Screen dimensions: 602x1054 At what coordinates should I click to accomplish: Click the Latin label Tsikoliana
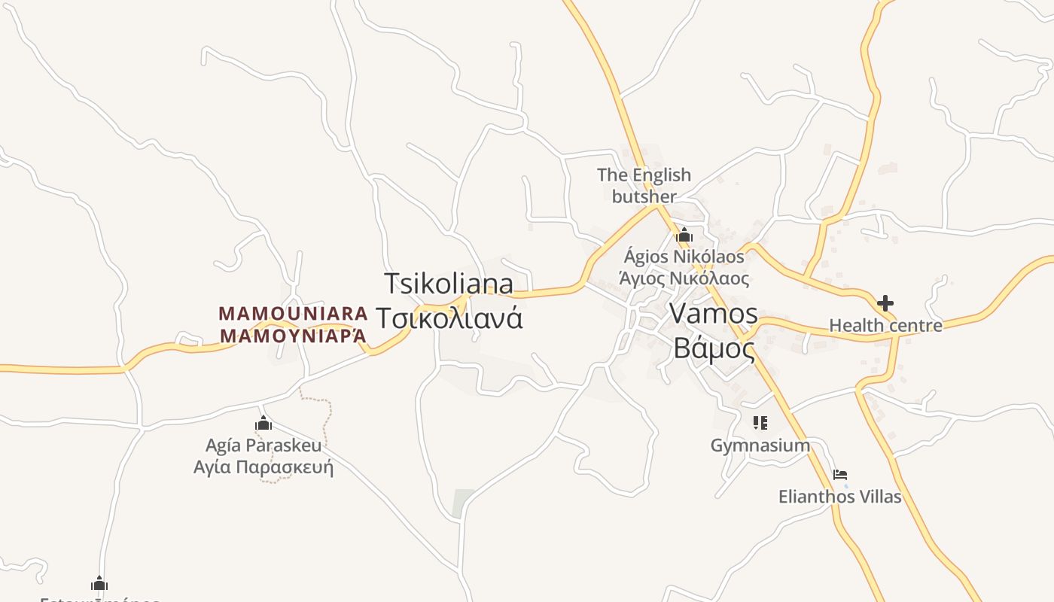coord(449,284)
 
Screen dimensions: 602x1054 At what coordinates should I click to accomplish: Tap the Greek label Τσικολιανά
coord(449,318)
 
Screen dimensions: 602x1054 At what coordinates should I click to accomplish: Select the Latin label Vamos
coord(713,313)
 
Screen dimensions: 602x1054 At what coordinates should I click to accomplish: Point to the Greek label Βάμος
coord(714,348)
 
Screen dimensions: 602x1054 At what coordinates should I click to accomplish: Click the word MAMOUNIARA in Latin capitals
coord(293,312)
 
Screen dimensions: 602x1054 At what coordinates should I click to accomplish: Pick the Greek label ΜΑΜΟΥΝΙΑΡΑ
coord(293,336)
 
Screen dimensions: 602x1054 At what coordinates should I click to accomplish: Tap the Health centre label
coord(885,325)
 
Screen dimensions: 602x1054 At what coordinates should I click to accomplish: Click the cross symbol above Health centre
coord(885,303)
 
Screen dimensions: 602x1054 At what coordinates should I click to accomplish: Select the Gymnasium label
coord(760,445)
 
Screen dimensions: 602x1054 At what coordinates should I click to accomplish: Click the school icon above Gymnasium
coord(760,423)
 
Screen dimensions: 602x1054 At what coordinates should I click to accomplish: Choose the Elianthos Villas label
coord(839,497)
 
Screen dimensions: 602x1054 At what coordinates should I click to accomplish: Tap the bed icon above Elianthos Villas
coord(840,475)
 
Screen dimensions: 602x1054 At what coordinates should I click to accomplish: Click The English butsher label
coord(644,186)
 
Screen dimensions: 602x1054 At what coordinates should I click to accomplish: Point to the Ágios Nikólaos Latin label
coord(684,257)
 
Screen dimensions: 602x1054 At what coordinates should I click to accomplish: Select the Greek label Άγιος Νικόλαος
coord(684,278)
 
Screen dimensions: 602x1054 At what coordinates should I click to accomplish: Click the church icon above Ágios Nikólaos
coord(684,235)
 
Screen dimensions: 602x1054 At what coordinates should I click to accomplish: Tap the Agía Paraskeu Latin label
coord(263,445)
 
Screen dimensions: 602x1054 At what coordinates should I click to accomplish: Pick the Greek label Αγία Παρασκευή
coord(263,467)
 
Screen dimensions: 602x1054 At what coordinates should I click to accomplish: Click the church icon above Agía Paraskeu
coord(263,423)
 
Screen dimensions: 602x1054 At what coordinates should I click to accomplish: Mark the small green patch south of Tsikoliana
coord(463,503)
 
